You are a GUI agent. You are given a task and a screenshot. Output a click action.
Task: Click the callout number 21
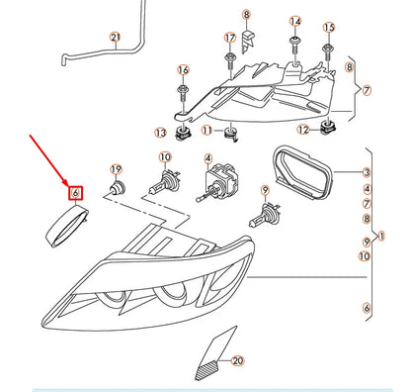(115, 37)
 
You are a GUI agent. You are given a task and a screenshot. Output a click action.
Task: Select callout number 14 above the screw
(295, 22)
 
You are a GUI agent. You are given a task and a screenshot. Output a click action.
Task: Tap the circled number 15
(329, 28)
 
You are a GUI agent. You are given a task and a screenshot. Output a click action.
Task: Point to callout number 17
(230, 38)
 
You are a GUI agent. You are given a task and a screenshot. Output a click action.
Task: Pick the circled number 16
(183, 69)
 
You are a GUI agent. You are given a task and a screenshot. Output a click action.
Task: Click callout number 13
(160, 133)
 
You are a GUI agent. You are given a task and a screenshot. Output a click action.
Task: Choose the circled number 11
(206, 131)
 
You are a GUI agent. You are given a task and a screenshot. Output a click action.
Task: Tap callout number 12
(303, 130)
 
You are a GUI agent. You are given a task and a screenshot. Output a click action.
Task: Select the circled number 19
(116, 169)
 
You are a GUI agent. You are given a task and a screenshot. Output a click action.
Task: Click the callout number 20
(237, 361)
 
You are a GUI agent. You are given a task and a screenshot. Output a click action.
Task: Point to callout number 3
(367, 172)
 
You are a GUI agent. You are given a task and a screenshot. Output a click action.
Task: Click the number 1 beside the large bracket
(381, 236)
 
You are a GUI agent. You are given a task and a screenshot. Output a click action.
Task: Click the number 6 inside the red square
(75, 193)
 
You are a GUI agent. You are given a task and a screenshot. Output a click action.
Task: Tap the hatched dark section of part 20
(206, 369)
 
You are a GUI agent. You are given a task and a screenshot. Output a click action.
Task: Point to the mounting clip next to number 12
(327, 128)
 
